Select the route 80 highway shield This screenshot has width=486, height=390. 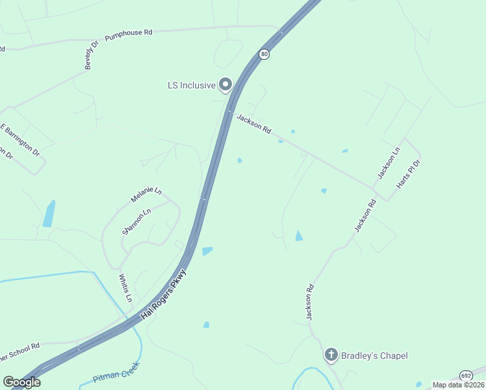click(x=264, y=55)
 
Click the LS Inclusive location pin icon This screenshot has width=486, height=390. click(x=225, y=84)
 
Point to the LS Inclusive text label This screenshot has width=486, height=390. click(x=191, y=85)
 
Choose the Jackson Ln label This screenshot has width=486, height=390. click(x=389, y=163)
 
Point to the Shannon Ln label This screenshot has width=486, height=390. click(x=136, y=221)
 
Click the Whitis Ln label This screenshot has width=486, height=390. click(x=125, y=288)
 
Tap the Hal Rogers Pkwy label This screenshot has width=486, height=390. click(x=159, y=296)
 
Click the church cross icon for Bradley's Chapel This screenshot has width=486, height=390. click(x=331, y=355)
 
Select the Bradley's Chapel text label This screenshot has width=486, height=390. click(x=375, y=355)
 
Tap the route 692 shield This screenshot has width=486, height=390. click(x=465, y=376)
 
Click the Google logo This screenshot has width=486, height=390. click(x=21, y=382)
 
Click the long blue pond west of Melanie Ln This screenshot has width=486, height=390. click(x=49, y=213)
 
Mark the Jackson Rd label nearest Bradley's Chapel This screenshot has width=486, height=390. click(x=311, y=302)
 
